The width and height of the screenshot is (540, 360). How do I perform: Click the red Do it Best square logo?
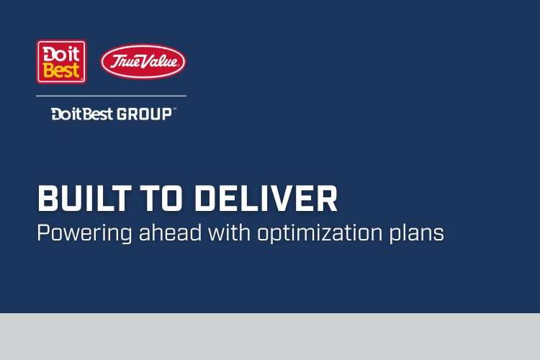point(61,61)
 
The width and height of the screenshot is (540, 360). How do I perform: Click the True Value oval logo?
point(143,62)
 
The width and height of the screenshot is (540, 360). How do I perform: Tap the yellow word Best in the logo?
point(61,71)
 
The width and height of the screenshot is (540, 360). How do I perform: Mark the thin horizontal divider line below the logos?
point(111,96)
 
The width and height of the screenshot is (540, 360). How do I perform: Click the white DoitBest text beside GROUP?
point(82,114)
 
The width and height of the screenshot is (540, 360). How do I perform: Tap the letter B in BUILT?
point(47,199)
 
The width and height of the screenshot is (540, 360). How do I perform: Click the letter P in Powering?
point(42,233)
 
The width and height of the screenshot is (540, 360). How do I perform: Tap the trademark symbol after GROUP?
point(175,109)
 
